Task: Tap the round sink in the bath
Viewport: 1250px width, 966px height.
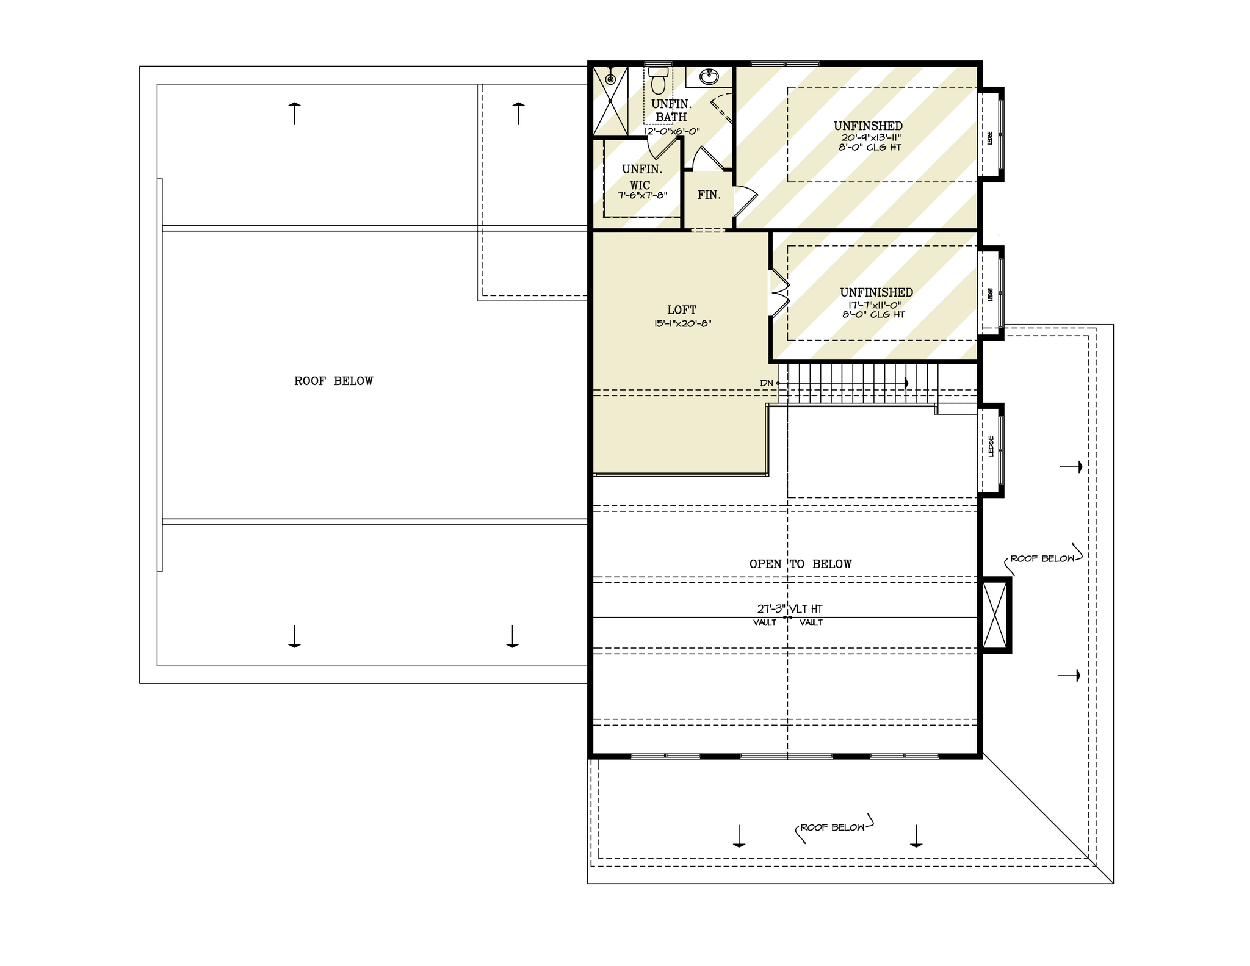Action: tap(709, 77)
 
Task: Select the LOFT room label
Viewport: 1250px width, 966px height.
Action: tap(681, 310)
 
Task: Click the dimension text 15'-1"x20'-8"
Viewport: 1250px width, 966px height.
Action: tap(682, 324)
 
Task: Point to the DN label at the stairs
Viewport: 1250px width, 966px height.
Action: tap(767, 383)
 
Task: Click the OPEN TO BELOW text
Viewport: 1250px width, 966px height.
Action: tap(800, 564)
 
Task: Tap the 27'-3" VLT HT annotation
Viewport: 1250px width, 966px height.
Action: tap(790, 609)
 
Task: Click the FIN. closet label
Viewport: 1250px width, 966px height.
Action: tap(709, 195)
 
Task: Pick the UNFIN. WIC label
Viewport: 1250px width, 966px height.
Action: tap(641, 177)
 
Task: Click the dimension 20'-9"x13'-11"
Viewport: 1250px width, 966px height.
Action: tap(871, 138)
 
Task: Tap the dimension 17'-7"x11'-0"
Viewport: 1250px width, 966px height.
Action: tap(875, 305)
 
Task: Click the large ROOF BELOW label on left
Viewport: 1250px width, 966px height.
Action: tap(333, 381)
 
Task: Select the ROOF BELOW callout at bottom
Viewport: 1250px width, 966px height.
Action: tap(833, 828)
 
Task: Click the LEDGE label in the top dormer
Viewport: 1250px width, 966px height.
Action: tap(990, 138)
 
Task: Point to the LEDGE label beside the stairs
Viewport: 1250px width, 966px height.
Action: tap(991, 446)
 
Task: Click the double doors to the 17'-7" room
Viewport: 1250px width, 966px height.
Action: tap(779, 294)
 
